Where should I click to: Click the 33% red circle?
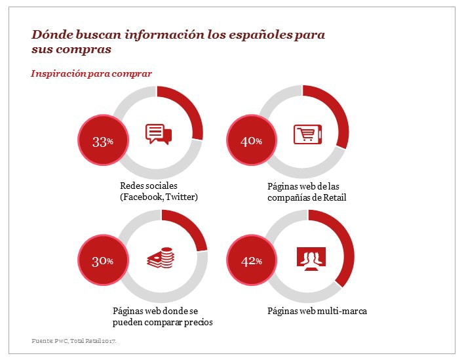click(x=103, y=141)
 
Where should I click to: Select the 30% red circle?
click(x=103, y=261)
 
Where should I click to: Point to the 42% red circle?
click(x=251, y=261)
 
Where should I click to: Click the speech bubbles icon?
click(x=158, y=134)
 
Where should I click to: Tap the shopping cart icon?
click(x=306, y=134)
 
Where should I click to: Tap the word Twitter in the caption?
click(x=181, y=197)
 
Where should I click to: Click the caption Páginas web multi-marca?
click(x=317, y=310)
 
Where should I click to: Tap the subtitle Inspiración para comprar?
click(x=91, y=73)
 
